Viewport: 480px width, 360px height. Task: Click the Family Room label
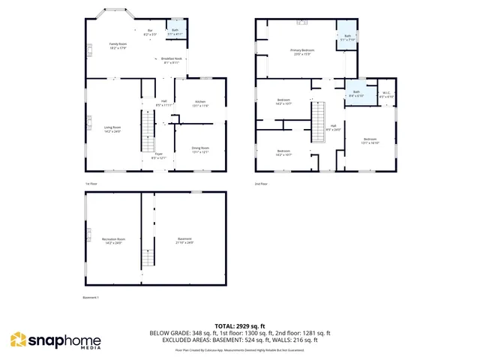tap(118, 45)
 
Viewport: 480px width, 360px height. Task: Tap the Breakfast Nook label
tap(171, 60)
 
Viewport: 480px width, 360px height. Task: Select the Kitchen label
tap(200, 103)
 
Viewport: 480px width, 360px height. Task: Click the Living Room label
tap(112, 129)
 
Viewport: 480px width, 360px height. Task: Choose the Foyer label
tap(159, 155)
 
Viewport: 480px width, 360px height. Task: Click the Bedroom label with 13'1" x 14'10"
tap(370, 140)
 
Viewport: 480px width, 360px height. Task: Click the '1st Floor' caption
tap(91, 184)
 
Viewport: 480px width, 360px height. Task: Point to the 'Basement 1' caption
tap(91, 298)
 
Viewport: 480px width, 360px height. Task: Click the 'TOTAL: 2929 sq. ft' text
tap(240, 325)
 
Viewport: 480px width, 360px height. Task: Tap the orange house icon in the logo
tap(18, 340)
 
